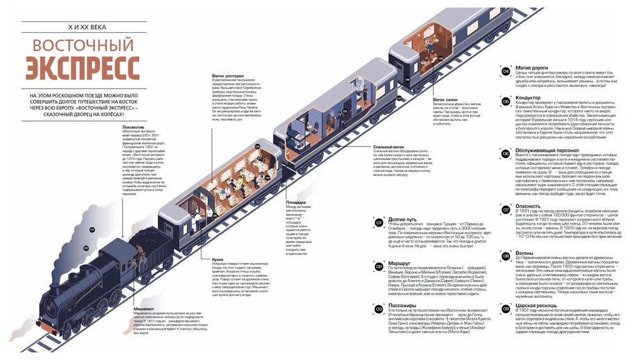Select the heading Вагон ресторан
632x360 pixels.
point(227,76)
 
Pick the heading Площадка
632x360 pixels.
point(296,202)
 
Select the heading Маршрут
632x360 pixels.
point(400,263)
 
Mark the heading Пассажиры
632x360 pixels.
point(403,305)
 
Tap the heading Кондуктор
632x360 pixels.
point(528,98)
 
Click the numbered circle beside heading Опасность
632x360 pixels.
point(505,209)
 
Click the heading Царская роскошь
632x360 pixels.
point(536,305)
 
